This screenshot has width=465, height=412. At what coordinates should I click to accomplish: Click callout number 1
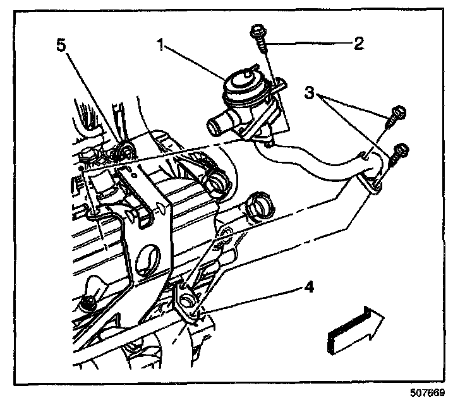pos(162,46)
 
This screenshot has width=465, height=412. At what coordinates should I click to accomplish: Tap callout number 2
pos(358,44)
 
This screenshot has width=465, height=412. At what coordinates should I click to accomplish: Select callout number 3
pos(309,92)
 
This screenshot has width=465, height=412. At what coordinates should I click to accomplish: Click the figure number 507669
pos(427,392)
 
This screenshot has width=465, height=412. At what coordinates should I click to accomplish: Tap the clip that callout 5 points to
pos(126,150)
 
